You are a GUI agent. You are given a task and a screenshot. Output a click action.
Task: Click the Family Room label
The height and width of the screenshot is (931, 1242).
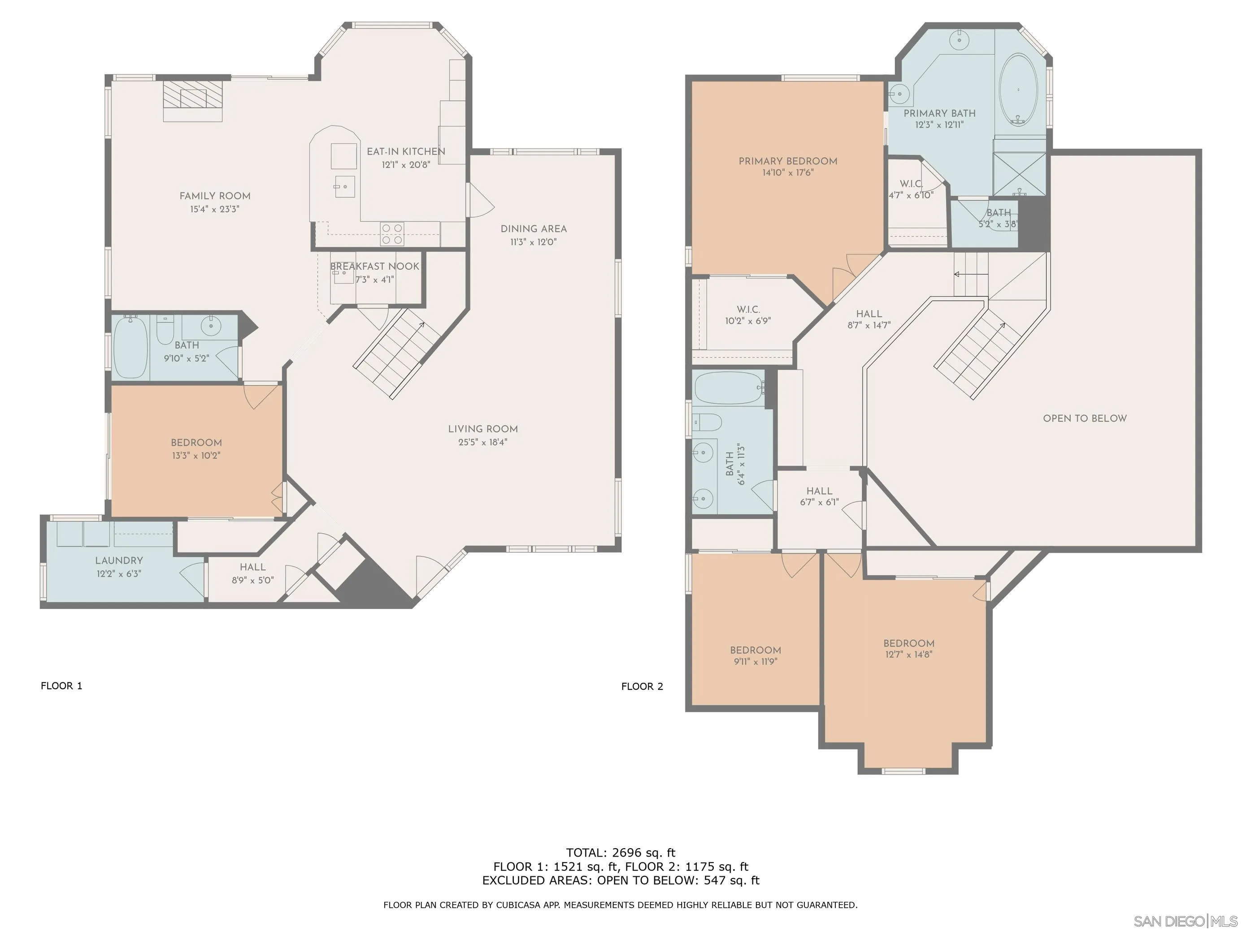pyautogui.click(x=215, y=196)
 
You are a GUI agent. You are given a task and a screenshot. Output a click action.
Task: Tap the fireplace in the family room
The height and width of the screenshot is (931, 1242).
pyautogui.click(x=193, y=100)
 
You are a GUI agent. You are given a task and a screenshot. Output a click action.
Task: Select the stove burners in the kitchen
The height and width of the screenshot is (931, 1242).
pyautogui.click(x=392, y=234)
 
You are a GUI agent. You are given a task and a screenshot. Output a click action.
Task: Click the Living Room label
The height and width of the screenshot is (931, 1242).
pyautogui.click(x=483, y=429)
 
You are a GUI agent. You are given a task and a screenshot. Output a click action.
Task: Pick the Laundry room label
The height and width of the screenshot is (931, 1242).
pyautogui.click(x=119, y=560)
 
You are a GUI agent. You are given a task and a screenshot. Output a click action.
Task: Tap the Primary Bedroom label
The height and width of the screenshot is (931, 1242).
pyautogui.click(x=788, y=161)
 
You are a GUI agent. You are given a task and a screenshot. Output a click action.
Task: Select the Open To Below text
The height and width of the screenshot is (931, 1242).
pyautogui.click(x=1085, y=418)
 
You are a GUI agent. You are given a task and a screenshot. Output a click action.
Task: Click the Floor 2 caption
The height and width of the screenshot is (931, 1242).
pyautogui.click(x=643, y=686)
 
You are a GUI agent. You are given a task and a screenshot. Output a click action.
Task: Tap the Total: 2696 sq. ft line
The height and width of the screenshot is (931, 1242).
pyautogui.click(x=621, y=853)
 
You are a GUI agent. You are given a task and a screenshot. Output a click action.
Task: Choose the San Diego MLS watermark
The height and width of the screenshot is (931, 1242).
pyautogui.click(x=1186, y=921)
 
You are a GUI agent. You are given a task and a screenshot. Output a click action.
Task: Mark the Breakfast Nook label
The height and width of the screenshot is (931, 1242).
pyautogui.click(x=374, y=267)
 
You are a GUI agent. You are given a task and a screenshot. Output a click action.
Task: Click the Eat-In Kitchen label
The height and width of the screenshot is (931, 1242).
pyautogui.click(x=406, y=151)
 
